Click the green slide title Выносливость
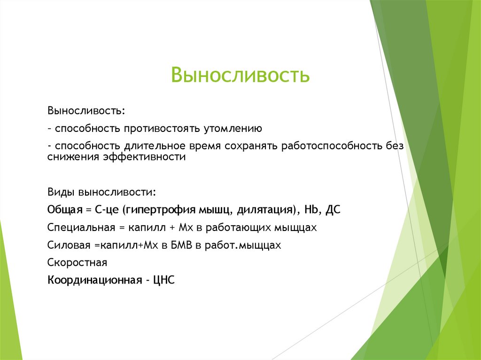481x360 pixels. coord(240,75)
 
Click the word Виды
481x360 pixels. coord(61,192)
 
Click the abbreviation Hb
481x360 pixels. coord(311,210)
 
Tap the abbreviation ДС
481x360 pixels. coord(331,210)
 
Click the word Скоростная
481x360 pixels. coord(78,262)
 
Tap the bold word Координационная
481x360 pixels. coord(94,280)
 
